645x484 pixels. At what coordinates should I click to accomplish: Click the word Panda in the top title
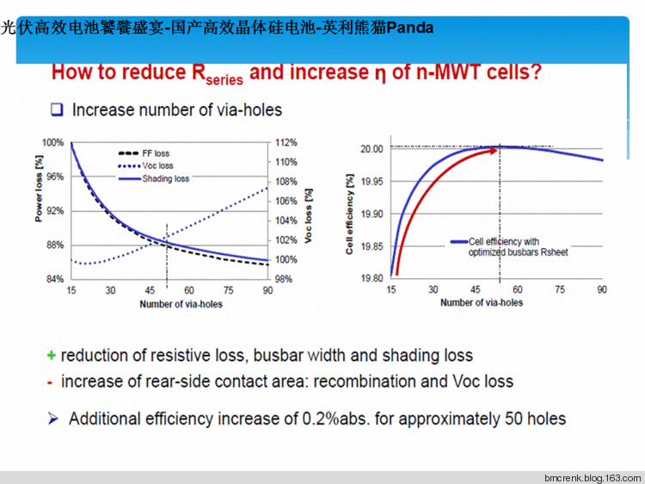[409, 28]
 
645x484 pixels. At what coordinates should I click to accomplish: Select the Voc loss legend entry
[157, 165]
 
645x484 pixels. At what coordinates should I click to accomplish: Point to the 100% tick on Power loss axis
[53, 143]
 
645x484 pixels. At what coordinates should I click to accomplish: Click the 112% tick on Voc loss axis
[286, 143]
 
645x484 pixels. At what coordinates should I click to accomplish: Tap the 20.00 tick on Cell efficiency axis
[372, 149]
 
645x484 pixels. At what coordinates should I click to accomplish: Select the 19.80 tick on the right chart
[372, 278]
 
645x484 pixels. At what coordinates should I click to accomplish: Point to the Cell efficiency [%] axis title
[349, 214]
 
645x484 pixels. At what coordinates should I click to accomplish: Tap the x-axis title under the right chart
[481, 302]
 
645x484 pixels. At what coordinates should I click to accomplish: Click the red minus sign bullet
[51, 382]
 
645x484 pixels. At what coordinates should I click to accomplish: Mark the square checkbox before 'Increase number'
[58, 109]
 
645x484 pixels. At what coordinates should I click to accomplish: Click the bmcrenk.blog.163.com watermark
[593, 477]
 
